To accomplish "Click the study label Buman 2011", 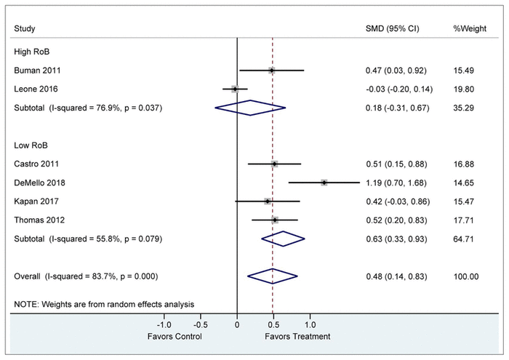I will (37, 71).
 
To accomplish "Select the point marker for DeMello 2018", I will (324, 183).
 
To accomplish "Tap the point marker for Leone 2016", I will (234, 89).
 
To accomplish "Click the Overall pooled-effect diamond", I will (273, 276).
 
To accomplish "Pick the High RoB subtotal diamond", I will (250, 108).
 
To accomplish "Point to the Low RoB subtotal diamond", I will (284, 238).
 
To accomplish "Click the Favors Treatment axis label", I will (297, 337).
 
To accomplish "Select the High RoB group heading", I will (31, 52).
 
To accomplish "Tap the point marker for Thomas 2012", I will (275, 220).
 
